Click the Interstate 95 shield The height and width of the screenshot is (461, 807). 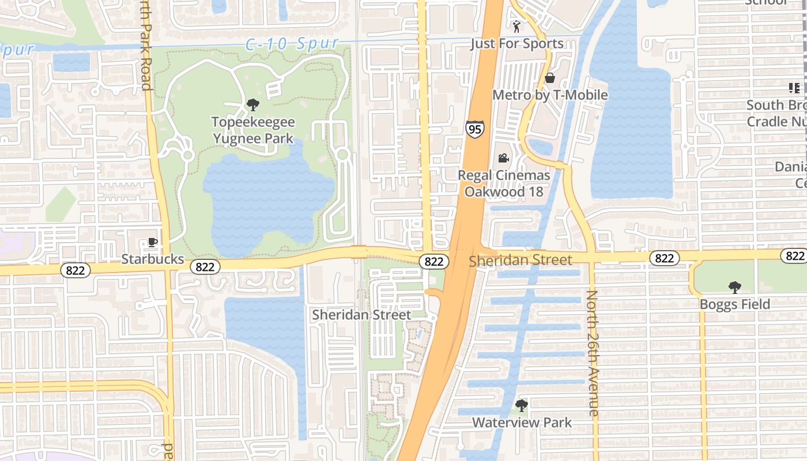[x=475, y=129]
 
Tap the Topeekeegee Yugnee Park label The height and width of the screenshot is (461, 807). [x=253, y=130]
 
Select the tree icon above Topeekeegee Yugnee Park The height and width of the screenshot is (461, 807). [x=252, y=105]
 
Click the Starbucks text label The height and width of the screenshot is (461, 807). [x=152, y=259]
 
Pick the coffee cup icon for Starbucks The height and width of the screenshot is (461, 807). [x=152, y=243]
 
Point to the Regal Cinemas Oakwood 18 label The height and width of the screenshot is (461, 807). [x=504, y=183]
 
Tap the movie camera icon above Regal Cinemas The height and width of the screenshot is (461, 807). [x=503, y=158]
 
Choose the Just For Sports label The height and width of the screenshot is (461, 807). [x=516, y=44]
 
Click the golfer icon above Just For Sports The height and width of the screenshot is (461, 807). [x=516, y=27]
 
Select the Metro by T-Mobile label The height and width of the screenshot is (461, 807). [x=550, y=95]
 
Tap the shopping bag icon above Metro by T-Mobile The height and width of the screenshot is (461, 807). [x=550, y=77]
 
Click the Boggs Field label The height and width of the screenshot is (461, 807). [x=735, y=304]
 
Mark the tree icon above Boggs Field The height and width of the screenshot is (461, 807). [x=734, y=287]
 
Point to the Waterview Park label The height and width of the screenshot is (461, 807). [x=522, y=422]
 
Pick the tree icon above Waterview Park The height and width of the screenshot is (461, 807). [x=521, y=406]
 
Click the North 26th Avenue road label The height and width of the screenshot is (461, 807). [x=593, y=353]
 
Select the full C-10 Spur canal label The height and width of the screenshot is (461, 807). [x=292, y=44]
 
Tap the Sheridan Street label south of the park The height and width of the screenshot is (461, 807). [x=361, y=315]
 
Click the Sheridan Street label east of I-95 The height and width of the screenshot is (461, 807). [x=521, y=260]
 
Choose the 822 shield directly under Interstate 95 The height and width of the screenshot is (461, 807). [x=433, y=262]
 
